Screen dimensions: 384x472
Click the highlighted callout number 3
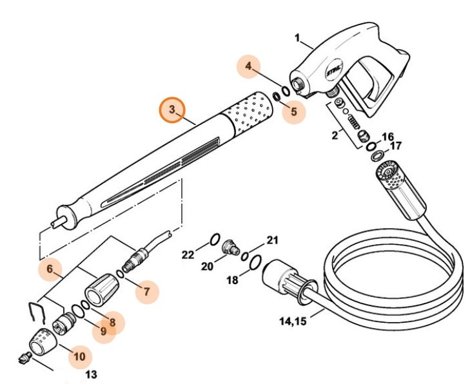coord(172,110)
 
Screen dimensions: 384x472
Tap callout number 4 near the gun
coord(248,67)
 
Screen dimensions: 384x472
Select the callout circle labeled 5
coord(293,111)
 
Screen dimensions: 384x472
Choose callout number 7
coord(146,292)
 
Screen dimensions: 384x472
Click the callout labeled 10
coord(80,355)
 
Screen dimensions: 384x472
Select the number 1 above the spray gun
coord(298,39)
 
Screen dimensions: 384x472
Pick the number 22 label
coord(188,255)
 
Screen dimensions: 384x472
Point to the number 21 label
coord(272,241)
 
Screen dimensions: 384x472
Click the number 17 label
coord(396,146)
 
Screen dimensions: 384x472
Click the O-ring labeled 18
coord(255,262)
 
